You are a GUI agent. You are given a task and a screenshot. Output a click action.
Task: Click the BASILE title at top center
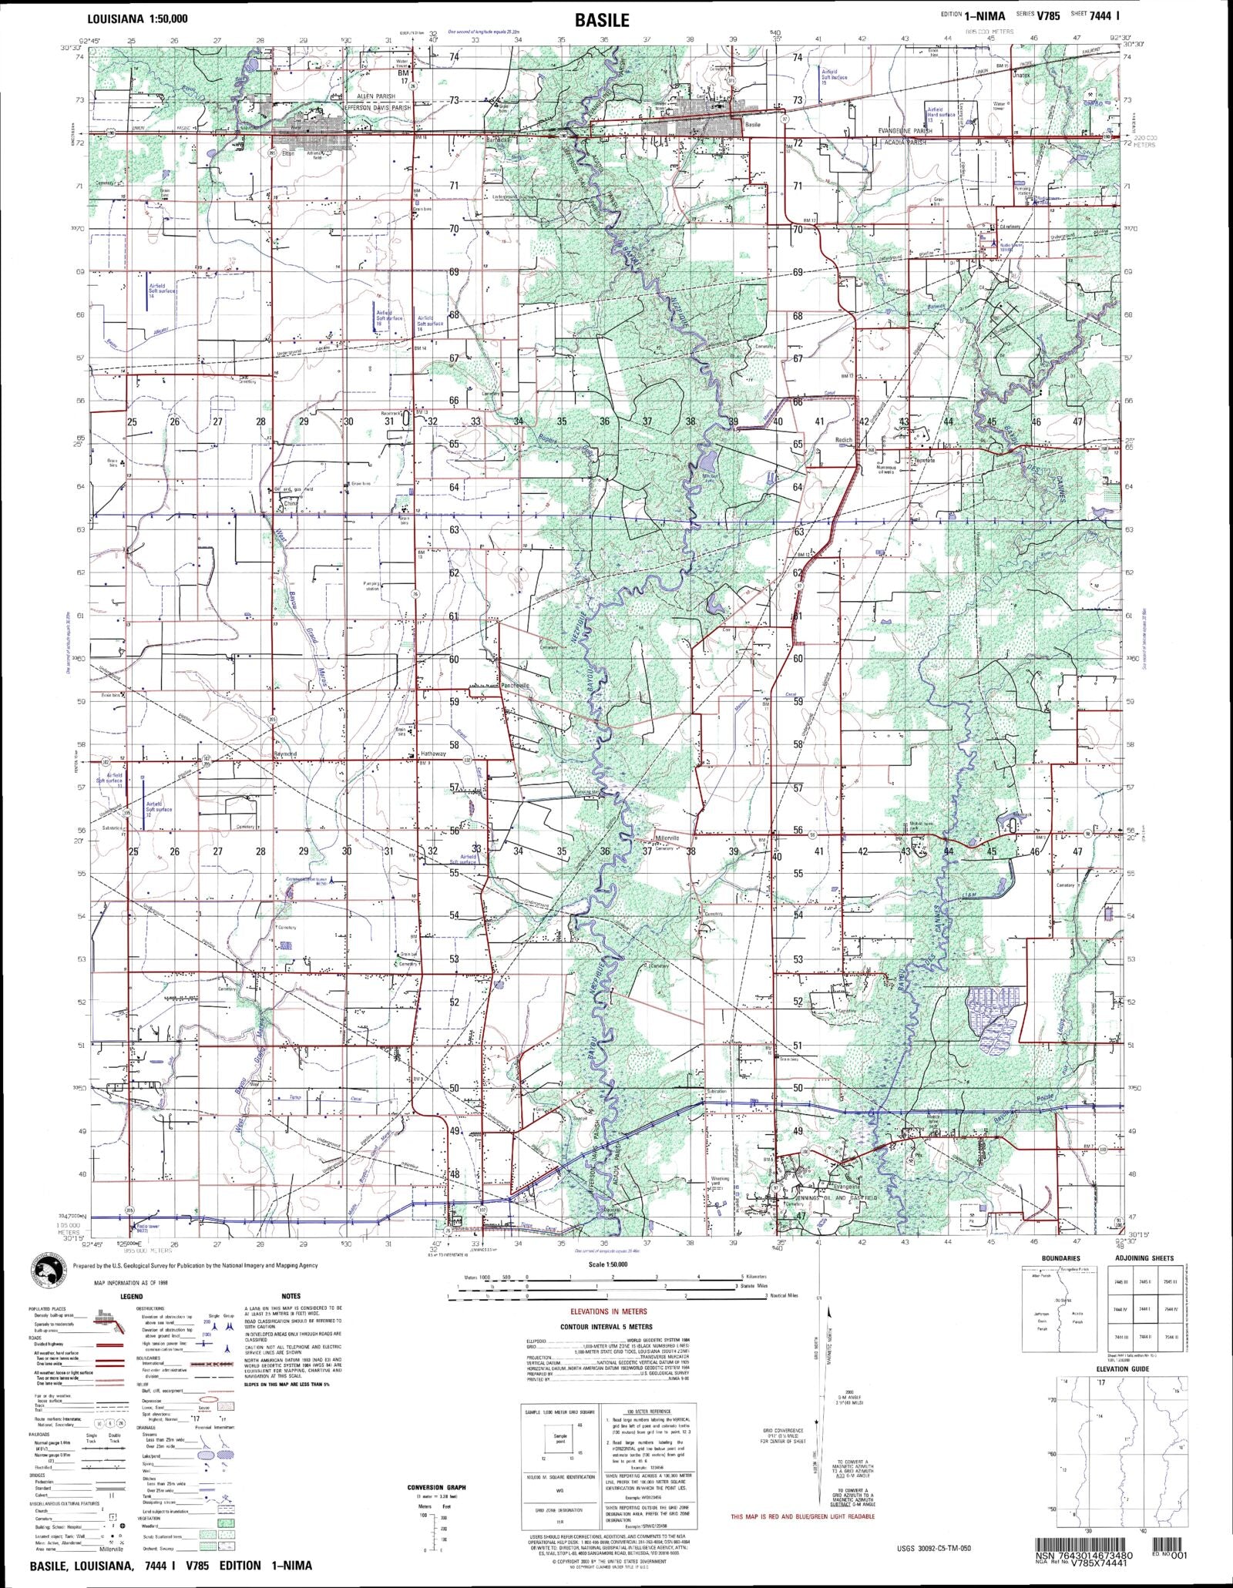(x=601, y=20)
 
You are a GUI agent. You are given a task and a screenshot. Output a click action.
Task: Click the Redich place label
(x=844, y=440)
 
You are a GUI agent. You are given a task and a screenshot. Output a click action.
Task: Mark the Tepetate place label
(x=924, y=461)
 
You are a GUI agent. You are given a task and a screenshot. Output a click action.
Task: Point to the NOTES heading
(x=291, y=1296)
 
